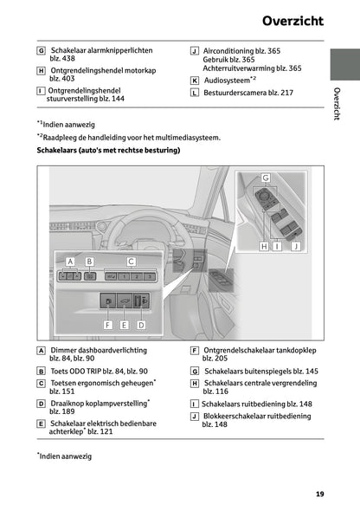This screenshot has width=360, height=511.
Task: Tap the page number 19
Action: click(319, 495)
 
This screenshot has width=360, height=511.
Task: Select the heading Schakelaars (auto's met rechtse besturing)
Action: click(108, 150)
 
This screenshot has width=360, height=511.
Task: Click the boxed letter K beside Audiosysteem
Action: click(194, 80)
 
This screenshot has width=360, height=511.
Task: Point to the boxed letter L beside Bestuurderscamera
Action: click(194, 92)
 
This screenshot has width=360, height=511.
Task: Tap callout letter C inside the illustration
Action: click(131, 260)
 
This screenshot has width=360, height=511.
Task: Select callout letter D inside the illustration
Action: click(142, 324)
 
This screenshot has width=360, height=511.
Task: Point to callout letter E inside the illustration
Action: click(125, 324)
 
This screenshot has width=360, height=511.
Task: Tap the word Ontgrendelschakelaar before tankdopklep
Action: click(239, 350)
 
